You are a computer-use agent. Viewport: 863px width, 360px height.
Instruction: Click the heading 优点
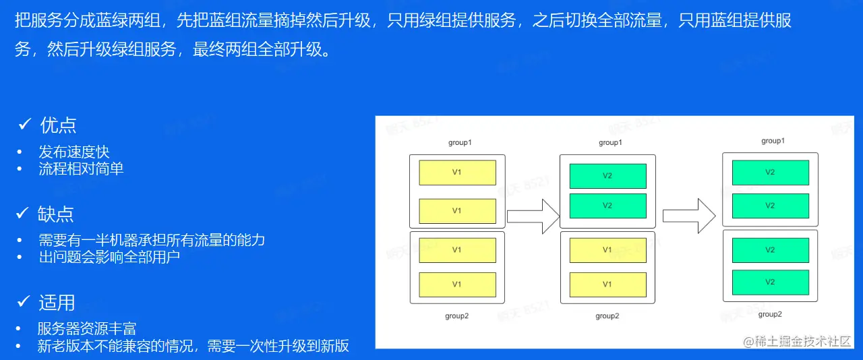(58, 125)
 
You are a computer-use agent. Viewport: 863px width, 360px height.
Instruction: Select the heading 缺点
(56, 214)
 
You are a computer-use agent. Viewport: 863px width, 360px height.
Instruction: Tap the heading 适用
(57, 303)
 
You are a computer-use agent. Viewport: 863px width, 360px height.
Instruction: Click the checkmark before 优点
(25, 124)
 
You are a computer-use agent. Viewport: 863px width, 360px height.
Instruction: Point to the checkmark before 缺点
(23, 213)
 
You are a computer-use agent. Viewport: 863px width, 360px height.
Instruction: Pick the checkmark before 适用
(24, 301)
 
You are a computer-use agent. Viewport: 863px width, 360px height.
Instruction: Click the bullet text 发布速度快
(73, 152)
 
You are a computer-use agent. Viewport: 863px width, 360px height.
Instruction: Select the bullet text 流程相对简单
(81, 169)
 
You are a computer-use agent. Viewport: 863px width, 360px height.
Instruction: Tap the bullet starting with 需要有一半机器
(152, 240)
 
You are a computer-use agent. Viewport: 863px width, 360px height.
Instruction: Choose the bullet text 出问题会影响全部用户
(109, 257)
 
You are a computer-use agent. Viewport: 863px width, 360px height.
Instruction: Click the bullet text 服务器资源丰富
(87, 329)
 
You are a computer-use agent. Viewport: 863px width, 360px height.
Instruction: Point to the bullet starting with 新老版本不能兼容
(194, 346)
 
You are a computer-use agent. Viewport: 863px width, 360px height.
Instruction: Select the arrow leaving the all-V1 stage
(533, 216)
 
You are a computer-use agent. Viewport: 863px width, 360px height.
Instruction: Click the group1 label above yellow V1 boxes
(460, 143)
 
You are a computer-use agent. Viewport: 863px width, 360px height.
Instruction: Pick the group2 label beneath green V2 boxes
(771, 314)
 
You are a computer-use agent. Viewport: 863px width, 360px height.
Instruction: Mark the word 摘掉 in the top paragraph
(282, 20)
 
